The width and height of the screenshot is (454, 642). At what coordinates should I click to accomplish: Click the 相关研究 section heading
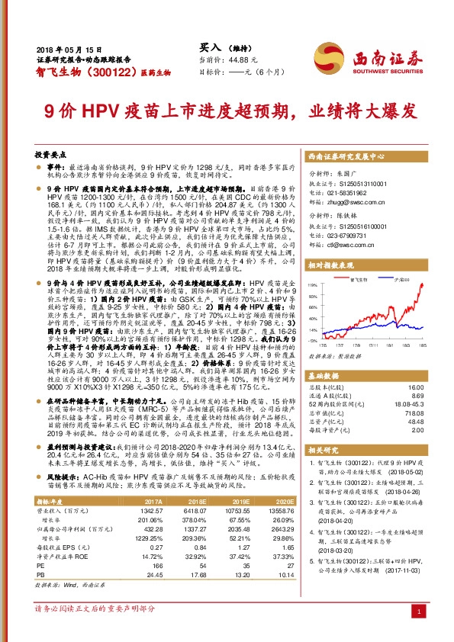[x=326, y=451]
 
